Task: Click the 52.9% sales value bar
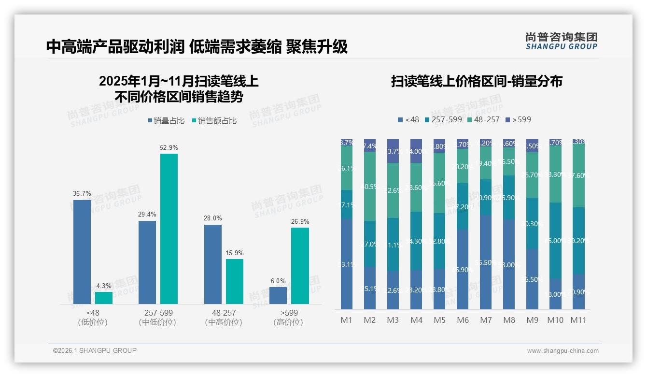[169, 228]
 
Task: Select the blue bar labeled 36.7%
[82, 251]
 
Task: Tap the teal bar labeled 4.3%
[104, 298]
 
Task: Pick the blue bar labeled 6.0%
[278, 295]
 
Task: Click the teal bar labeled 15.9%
[235, 281]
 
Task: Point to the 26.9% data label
[300, 221]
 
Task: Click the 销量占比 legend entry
[166, 121]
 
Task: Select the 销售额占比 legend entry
[214, 121]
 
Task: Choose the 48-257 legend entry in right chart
[483, 119]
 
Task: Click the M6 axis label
[463, 320]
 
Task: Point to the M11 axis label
[578, 320]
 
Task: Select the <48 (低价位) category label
[93, 318]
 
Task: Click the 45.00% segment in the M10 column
[555, 240]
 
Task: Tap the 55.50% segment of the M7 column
[486, 262]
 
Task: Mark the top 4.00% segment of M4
[416, 151]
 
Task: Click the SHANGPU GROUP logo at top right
[561, 41]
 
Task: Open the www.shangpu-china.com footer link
[563, 351]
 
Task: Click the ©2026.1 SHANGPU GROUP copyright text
[95, 350]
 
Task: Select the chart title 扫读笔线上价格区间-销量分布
[477, 82]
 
